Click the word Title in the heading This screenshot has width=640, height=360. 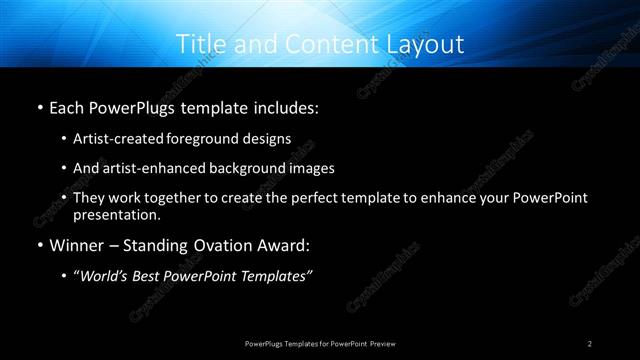(x=198, y=45)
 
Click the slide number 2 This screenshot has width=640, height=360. (x=591, y=343)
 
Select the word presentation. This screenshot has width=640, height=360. (x=116, y=215)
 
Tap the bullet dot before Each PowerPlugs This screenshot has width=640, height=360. (x=38, y=106)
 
